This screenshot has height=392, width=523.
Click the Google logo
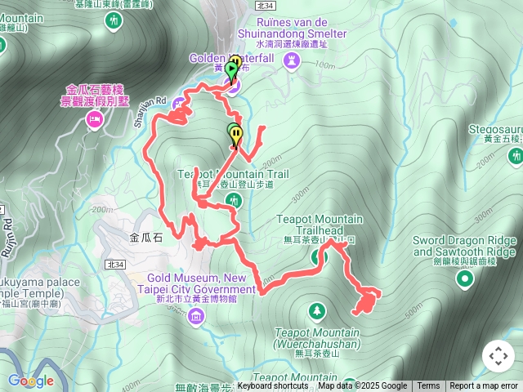31,380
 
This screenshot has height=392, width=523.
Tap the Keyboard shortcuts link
273,386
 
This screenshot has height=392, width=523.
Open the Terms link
428,386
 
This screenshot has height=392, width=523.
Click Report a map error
484,386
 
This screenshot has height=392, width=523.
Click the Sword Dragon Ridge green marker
465,280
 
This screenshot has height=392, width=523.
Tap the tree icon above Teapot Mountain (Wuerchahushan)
316,311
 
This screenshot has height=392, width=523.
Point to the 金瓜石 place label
147,238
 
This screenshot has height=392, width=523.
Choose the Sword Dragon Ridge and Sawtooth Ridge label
464,246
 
